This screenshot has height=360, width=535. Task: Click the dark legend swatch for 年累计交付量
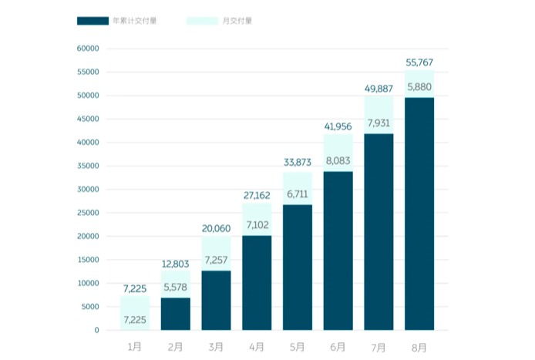click(92, 20)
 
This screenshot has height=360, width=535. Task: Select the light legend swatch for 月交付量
click(202, 20)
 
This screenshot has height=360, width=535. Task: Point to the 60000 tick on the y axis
click(87, 49)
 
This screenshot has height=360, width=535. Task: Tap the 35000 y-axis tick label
click(87, 166)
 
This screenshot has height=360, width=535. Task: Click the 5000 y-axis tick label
click(90, 307)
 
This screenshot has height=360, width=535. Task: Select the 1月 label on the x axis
click(134, 347)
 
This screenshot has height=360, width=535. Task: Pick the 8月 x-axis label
click(419, 347)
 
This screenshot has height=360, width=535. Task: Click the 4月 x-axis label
click(257, 347)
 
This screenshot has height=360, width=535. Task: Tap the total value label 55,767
click(420, 62)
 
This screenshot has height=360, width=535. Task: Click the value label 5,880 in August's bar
click(420, 86)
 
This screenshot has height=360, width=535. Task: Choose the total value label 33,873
click(298, 163)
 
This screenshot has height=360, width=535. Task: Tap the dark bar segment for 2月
click(175, 314)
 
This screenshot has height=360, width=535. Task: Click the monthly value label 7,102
click(257, 224)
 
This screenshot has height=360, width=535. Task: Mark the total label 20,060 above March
click(216, 228)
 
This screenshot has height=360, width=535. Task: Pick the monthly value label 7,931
click(379, 123)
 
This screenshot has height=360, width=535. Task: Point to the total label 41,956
click(338, 126)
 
